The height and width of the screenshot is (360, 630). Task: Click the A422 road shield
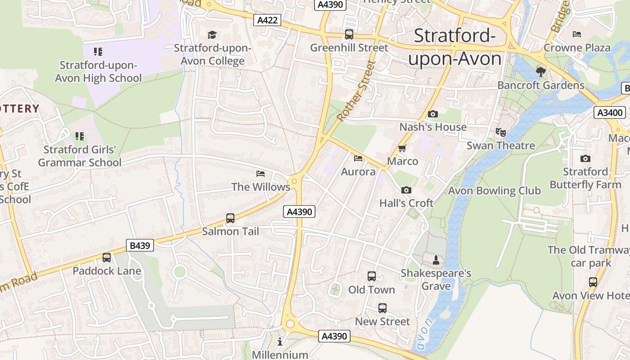(267, 20)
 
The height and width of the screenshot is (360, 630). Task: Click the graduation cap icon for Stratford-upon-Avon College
(212, 35)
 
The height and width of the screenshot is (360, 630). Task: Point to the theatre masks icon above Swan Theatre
(500, 132)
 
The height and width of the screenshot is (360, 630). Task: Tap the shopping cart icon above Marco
(402, 148)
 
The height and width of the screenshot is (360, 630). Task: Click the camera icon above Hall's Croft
(406, 190)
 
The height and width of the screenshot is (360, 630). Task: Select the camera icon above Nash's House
(432, 114)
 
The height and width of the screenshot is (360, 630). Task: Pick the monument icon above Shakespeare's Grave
(436, 260)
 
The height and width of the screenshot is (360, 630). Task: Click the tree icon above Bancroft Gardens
(540, 72)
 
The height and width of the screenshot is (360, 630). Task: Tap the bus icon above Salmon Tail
(230, 218)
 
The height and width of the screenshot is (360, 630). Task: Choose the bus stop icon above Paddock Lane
(107, 257)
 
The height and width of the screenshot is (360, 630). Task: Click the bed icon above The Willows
(261, 173)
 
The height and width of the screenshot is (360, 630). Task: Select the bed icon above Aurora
(358, 158)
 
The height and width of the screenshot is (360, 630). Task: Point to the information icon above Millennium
(280, 342)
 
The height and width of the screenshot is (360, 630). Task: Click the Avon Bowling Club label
(494, 190)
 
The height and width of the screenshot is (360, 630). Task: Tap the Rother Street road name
(355, 91)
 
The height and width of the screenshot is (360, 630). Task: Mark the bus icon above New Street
(382, 308)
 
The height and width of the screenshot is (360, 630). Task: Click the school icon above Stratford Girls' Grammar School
(80, 136)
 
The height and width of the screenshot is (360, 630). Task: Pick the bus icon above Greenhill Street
(349, 34)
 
